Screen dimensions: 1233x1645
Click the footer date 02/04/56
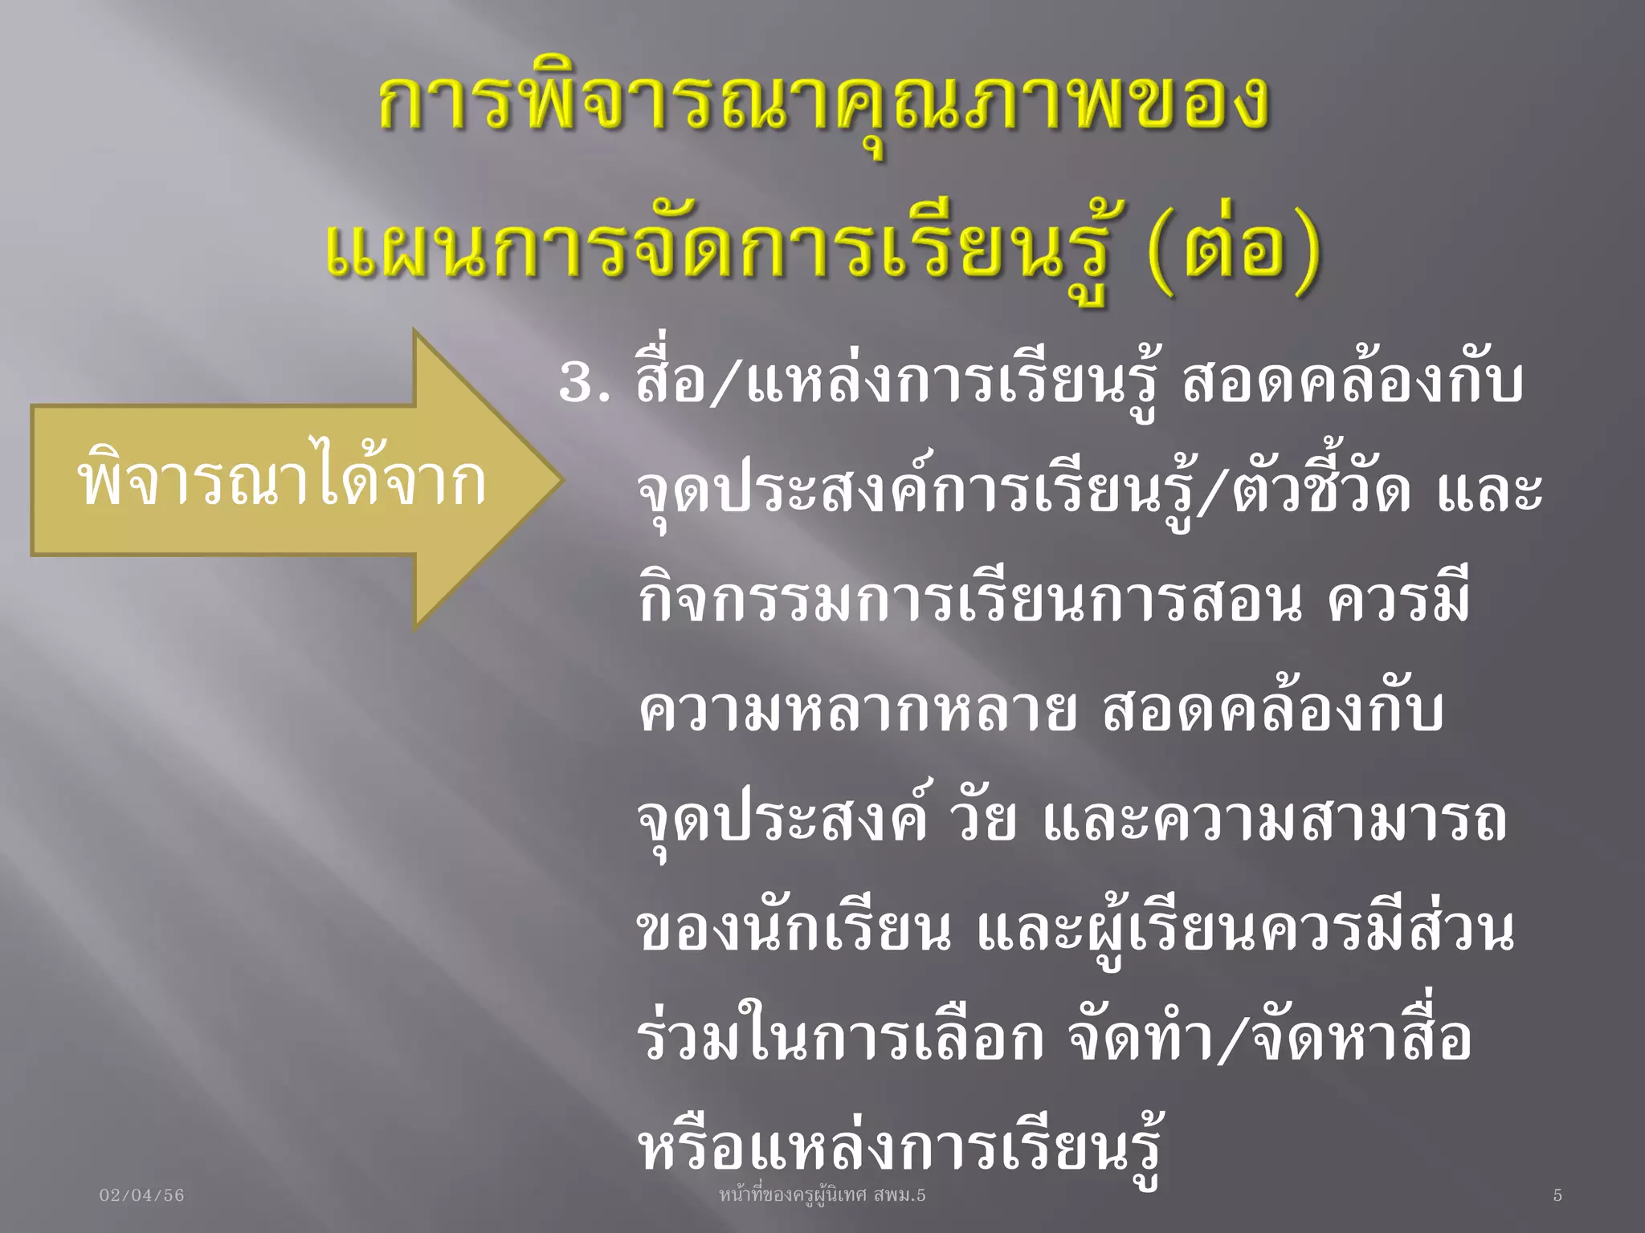pos(141,1195)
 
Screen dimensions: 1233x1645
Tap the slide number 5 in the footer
pos(1557,1195)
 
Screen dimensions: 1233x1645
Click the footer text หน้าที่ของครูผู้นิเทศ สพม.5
pos(822,1194)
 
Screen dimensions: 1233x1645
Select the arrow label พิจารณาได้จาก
pos(281,482)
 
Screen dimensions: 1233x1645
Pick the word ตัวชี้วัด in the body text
pos(1320,490)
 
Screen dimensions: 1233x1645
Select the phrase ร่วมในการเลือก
pos(840,1039)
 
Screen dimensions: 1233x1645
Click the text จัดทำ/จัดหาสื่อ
pos(1269,1039)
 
